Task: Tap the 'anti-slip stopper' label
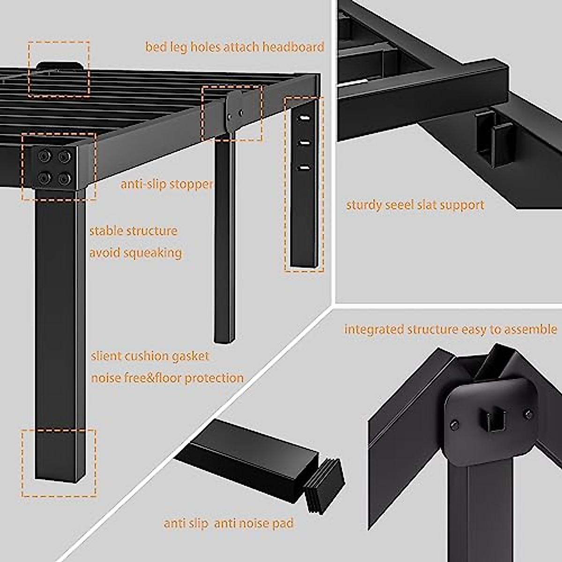point(167,184)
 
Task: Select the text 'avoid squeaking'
point(136,253)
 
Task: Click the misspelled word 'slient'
point(106,356)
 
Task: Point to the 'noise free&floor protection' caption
point(167,378)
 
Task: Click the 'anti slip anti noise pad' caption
point(228,523)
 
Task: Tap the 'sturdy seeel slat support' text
point(415,205)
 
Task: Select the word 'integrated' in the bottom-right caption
point(374,329)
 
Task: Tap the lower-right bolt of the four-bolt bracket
point(65,178)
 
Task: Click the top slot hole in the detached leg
point(304,118)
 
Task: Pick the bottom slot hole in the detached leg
point(304,167)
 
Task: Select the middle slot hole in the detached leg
point(304,142)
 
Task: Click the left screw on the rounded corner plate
point(454,425)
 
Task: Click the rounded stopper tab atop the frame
point(59,66)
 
